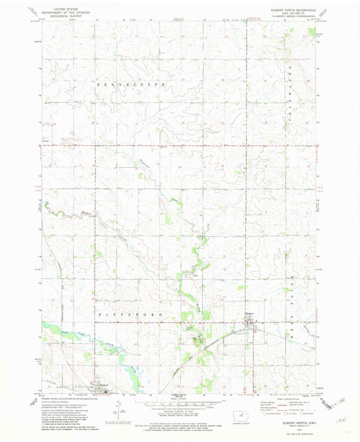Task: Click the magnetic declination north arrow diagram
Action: pos(116,408)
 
